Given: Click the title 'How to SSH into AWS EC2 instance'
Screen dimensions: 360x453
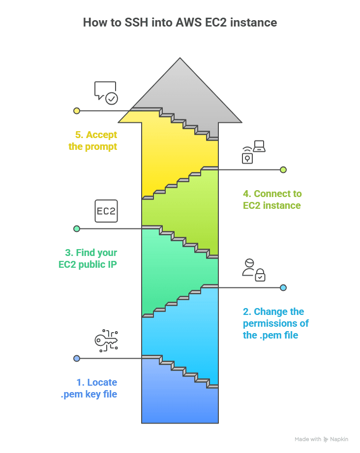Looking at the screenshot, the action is [x=180, y=23].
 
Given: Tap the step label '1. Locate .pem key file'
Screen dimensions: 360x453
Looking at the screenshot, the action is [x=89, y=388].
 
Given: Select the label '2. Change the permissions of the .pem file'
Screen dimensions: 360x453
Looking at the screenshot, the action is [x=275, y=323].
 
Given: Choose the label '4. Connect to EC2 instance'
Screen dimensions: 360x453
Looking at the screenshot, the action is [x=272, y=199].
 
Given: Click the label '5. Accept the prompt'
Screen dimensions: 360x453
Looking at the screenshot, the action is [x=93, y=141].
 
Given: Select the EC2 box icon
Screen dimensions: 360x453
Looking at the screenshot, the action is [x=106, y=212].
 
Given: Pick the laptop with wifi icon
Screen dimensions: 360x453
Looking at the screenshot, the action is [x=253, y=152].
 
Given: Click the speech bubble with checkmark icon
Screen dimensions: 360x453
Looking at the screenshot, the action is [x=106, y=93].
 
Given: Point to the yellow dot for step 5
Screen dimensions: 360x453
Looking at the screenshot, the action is [x=77, y=111].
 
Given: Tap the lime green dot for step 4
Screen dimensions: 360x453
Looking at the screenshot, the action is [x=283, y=170].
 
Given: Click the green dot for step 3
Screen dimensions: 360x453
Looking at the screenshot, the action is [x=77, y=228].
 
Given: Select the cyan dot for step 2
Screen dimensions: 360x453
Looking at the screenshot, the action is [x=283, y=287].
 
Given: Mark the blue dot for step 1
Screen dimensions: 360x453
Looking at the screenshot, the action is [x=77, y=358].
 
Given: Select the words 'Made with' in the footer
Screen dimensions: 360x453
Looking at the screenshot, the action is [x=308, y=439].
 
